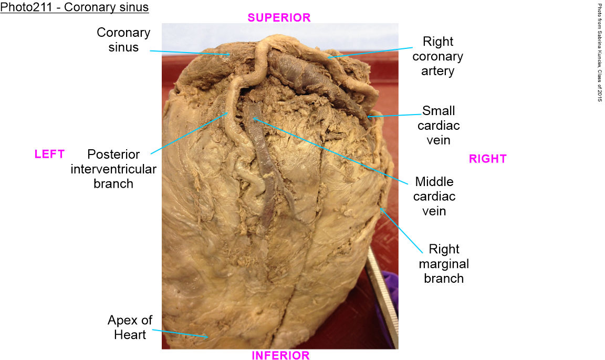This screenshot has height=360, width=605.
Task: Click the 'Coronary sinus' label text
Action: tap(123, 40)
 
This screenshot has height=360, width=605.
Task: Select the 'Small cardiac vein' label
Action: tap(439, 126)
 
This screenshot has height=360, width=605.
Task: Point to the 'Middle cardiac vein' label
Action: tap(434, 197)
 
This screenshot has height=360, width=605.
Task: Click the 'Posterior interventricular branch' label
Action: tap(113, 169)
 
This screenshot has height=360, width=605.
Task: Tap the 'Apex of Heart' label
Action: tap(130, 327)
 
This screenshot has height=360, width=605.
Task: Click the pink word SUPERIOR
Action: tap(279, 17)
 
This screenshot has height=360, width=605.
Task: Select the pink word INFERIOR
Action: tap(280, 356)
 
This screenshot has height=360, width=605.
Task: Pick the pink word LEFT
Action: tap(49, 154)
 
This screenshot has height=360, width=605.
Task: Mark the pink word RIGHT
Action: tap(487, 159)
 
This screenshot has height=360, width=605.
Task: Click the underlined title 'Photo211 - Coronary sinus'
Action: tap(75, 7)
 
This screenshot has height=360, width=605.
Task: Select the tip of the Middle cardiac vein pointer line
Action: tap(254, 118)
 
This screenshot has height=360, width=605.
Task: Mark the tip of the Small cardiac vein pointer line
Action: tap(369, 116)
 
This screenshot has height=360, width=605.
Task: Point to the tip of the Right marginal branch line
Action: tap(381, 208)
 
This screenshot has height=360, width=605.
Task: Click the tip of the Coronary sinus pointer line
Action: tap(230, 55)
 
